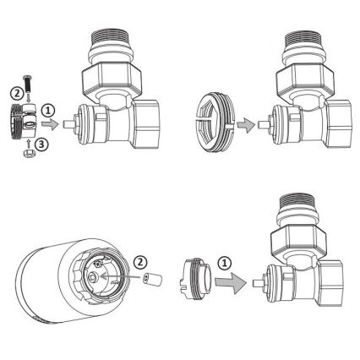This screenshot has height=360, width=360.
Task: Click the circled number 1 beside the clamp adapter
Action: (48, 112)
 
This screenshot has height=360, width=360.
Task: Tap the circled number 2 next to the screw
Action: (17, 94)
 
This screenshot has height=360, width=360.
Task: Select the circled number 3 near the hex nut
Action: (41, 145)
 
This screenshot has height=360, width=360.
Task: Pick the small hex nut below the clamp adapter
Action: (28, 154)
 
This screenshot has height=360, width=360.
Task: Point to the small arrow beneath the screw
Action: (28, 99)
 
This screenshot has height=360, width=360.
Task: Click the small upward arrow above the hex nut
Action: (28, 143)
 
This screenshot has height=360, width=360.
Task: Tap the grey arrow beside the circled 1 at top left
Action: (50, 124)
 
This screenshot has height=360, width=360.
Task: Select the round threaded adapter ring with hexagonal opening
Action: (215, 123)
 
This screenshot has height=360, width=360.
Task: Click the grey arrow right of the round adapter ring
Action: (246, 124)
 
